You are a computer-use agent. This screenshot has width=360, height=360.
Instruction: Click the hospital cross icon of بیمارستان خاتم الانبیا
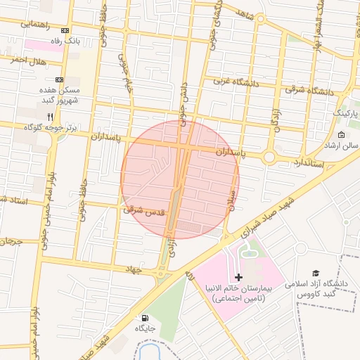coord(238,278)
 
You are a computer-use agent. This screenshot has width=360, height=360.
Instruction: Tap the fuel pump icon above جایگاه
coord(145,317)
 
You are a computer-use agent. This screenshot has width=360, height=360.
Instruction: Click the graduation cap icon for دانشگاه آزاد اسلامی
coord(316,273)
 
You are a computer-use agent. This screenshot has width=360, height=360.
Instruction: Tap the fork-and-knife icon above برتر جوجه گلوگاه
coord(50,116)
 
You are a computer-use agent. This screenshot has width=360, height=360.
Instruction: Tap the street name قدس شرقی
coord(143,209)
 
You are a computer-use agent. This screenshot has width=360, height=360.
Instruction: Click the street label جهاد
coord(134,269)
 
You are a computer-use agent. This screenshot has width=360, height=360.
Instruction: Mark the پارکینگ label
coord(345,113)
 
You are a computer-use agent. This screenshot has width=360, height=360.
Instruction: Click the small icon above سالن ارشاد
coord(342,134)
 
